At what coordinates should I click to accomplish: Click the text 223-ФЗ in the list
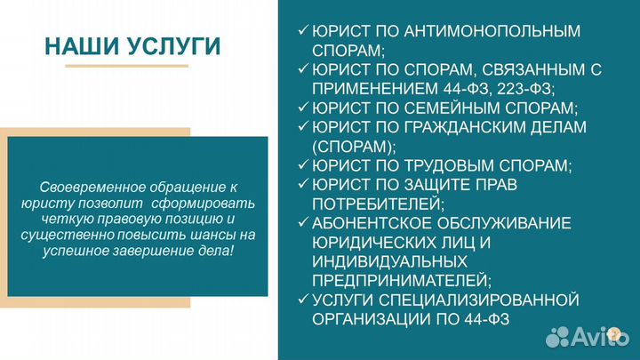click(x=524, y=89)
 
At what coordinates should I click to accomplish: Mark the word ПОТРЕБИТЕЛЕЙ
click(x=374, y=204)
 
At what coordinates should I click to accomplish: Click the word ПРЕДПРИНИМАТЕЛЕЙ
click(x=402, y=281)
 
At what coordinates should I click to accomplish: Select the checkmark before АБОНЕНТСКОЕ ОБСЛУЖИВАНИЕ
click(x=303, y=224)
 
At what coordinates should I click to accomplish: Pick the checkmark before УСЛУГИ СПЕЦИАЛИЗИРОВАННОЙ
click(x=303, y=300)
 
